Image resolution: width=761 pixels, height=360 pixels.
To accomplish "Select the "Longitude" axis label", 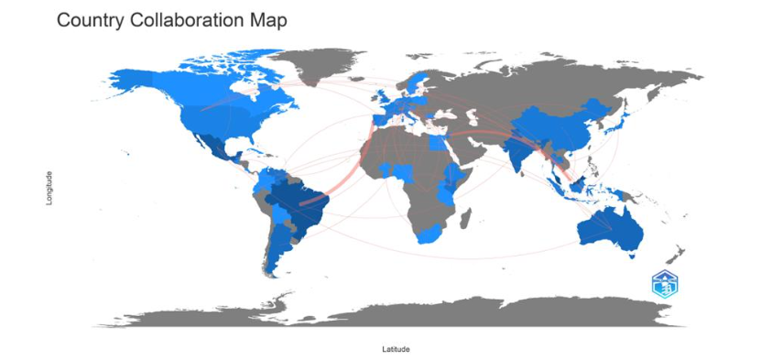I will click(x=49, y=188).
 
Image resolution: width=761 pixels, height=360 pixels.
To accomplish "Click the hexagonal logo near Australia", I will click(x=666, y=285).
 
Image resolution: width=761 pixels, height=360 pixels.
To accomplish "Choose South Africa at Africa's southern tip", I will click(x=428, y=235).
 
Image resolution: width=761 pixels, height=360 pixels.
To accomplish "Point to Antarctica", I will click(x=412, y=311).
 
